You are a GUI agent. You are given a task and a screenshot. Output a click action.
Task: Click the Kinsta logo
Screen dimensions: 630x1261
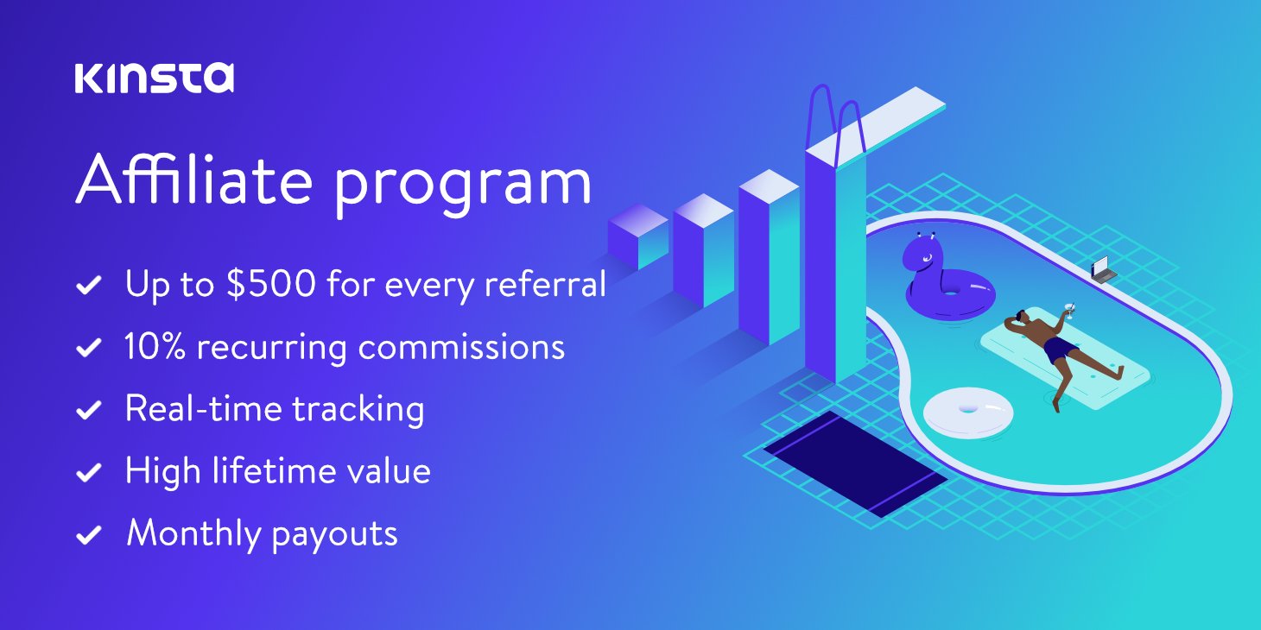155,78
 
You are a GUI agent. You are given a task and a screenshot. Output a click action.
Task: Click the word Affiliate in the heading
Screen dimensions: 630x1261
192,182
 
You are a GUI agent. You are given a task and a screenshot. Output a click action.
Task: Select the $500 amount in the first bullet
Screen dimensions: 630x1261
272,284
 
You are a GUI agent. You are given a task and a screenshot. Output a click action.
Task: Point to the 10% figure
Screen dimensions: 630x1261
151,346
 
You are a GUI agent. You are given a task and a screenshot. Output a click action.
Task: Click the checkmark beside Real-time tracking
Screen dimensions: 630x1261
89,410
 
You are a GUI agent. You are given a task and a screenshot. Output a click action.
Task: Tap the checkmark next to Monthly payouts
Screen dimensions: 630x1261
89,535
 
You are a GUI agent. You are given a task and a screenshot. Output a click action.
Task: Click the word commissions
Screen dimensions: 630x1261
461,346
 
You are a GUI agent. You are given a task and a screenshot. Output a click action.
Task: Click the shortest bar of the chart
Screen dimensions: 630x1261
637,237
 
